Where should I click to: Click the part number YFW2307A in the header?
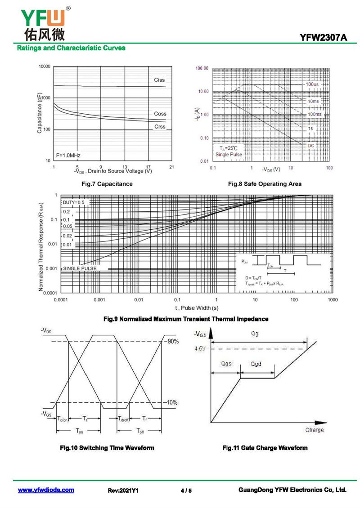point(324,38)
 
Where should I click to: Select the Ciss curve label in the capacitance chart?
point(159,80)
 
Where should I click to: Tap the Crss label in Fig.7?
point(160,127)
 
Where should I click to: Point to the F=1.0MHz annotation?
point(68,156)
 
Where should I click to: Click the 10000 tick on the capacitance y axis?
point(45,67)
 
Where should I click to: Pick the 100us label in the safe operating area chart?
point(312,84)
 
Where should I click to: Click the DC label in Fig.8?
point(311,146)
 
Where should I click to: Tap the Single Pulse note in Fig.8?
point(229,155)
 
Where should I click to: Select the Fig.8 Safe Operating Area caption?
point(265,184)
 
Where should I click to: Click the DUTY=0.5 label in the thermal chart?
point(73,202)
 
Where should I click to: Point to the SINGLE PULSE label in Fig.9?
point(80,268)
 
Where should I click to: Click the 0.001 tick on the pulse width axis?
point(99,299)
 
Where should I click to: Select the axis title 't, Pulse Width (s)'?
point(197,308)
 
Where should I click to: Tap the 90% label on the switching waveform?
point(173,341)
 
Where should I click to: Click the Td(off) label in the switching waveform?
point(124,419)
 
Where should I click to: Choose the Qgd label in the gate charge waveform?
point(256,364)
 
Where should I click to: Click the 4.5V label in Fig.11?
point(200,348)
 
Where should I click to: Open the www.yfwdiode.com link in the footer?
point(46,490)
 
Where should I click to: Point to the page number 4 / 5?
point(186,490)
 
